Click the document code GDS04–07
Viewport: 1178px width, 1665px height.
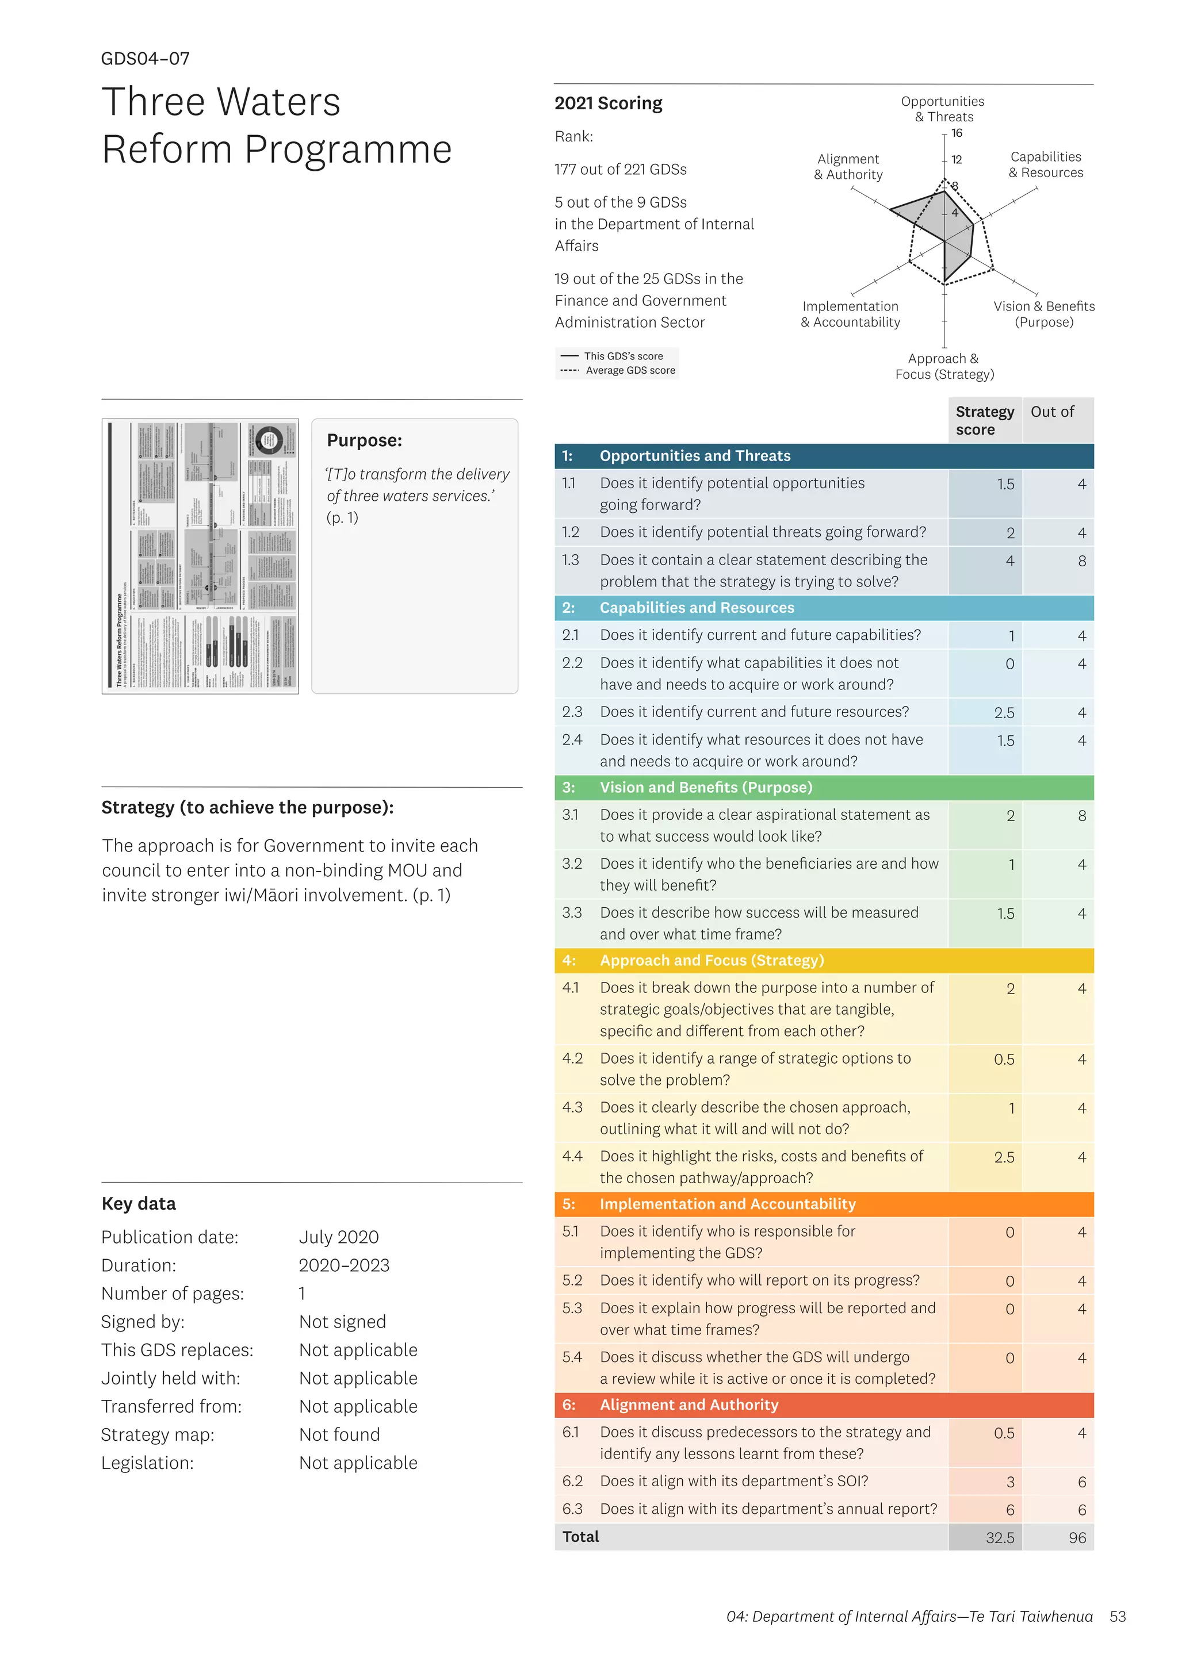(145, 59)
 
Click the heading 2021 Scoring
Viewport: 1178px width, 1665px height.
(608, 103)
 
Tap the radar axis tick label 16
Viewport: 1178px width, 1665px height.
(957, 133)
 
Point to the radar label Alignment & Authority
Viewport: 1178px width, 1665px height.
(848, 167)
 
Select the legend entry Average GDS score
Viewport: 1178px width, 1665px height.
(630, 371)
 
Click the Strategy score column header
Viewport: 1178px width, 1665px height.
(984, 421)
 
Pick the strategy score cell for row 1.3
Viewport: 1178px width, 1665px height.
(1009, 561)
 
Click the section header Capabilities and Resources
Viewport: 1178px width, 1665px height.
(697, 608)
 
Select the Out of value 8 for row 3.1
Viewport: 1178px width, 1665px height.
(1081, 816)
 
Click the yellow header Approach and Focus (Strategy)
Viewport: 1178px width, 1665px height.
(711, 960)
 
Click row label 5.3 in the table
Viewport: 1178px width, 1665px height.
(572, 1308)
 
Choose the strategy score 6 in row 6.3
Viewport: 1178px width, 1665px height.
(1009, 1510)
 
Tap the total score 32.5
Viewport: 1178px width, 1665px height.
(1000, 1537)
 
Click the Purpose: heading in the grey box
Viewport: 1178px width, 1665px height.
(364, 440)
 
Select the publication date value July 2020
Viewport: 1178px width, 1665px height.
(339, 1237)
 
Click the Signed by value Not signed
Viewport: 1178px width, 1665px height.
(342, 1322)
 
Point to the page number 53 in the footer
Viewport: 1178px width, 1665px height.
(1117, 1616)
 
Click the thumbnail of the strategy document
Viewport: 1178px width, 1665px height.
(200, 555)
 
